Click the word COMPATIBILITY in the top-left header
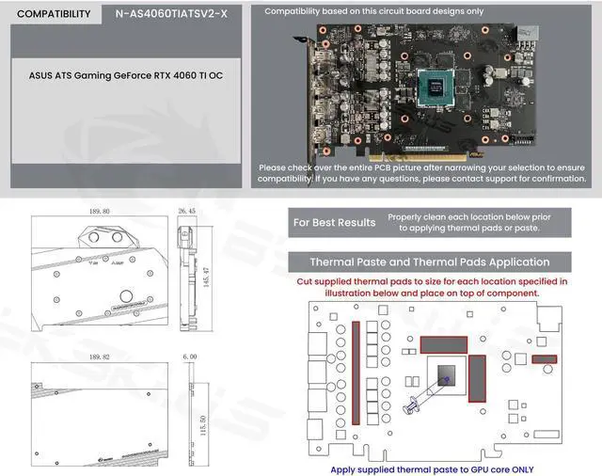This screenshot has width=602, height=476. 54,14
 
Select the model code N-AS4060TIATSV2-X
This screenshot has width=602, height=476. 170,14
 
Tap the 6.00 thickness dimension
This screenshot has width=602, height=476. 189,358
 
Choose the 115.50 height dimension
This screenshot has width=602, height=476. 215,418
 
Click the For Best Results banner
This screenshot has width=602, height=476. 334,223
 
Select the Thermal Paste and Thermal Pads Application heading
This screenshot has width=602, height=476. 430,262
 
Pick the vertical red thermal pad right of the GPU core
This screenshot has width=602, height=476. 476,378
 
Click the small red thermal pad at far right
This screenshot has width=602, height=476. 545,359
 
